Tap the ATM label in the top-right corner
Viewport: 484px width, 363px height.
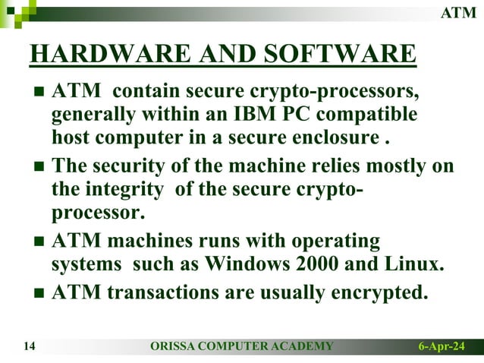(459, 13)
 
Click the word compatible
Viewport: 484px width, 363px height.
(371, 115)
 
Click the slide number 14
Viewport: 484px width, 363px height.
(30, 347)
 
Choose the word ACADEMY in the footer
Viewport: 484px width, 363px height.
(303, 347)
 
